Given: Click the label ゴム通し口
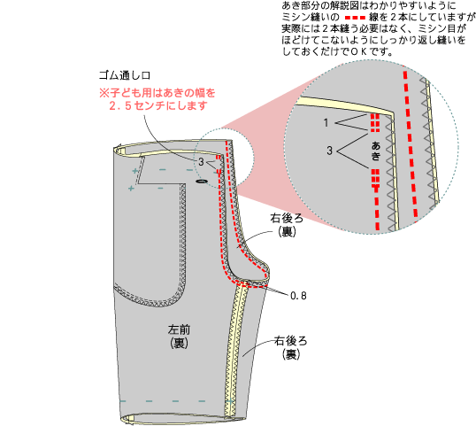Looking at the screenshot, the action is tap(125, 75).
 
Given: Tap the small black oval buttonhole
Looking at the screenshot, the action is tap(202, 182).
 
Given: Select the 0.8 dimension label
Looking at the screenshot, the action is tap(298, 296).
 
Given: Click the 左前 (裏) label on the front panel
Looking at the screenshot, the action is tap(179, 337).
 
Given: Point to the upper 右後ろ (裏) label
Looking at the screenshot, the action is tap(287, 225).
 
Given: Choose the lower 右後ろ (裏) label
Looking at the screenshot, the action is tap(291, 347).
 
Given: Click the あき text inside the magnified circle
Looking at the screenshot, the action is tap(376, 151).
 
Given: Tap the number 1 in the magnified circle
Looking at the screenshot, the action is tap(326, 123).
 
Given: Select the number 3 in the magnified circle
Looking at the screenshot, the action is tap(330, 150).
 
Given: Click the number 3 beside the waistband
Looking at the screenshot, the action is tap(201, 162).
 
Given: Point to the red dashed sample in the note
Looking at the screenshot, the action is tap(354, 18).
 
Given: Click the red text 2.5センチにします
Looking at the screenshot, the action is tap(158, 105).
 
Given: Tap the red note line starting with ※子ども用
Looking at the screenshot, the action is tap(157, 93).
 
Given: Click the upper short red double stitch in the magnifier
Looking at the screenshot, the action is tap(375, 123).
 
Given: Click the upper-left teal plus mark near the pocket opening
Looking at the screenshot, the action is tap(135, 171).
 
